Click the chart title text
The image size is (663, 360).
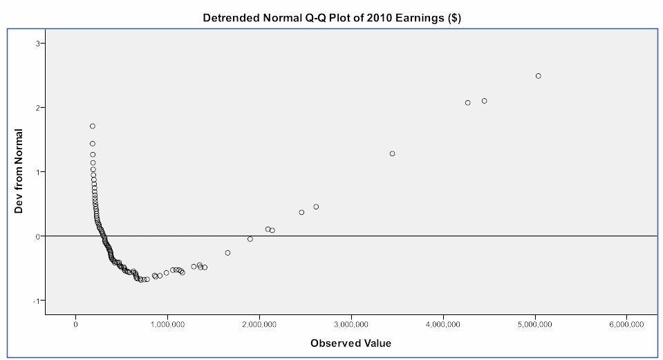[x=332, y=19]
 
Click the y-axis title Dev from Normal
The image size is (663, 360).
[x=19, y=171]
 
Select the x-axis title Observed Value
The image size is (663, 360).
[x=351, y=342]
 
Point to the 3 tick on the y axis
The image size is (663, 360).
[x=40, y=44]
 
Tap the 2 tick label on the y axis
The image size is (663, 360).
[x=40, y=108]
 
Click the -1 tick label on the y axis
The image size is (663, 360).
[x=39, y=301]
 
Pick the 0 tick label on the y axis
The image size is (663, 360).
[x=40, y=236]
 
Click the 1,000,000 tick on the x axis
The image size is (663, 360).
[x=167, y=324]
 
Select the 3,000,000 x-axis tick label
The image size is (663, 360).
[x=352, y=324]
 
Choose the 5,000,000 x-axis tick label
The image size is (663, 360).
[x=536, y=324]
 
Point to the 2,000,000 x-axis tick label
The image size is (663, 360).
[x=259, y=324]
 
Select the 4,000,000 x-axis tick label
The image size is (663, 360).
[x=444, y=324]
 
